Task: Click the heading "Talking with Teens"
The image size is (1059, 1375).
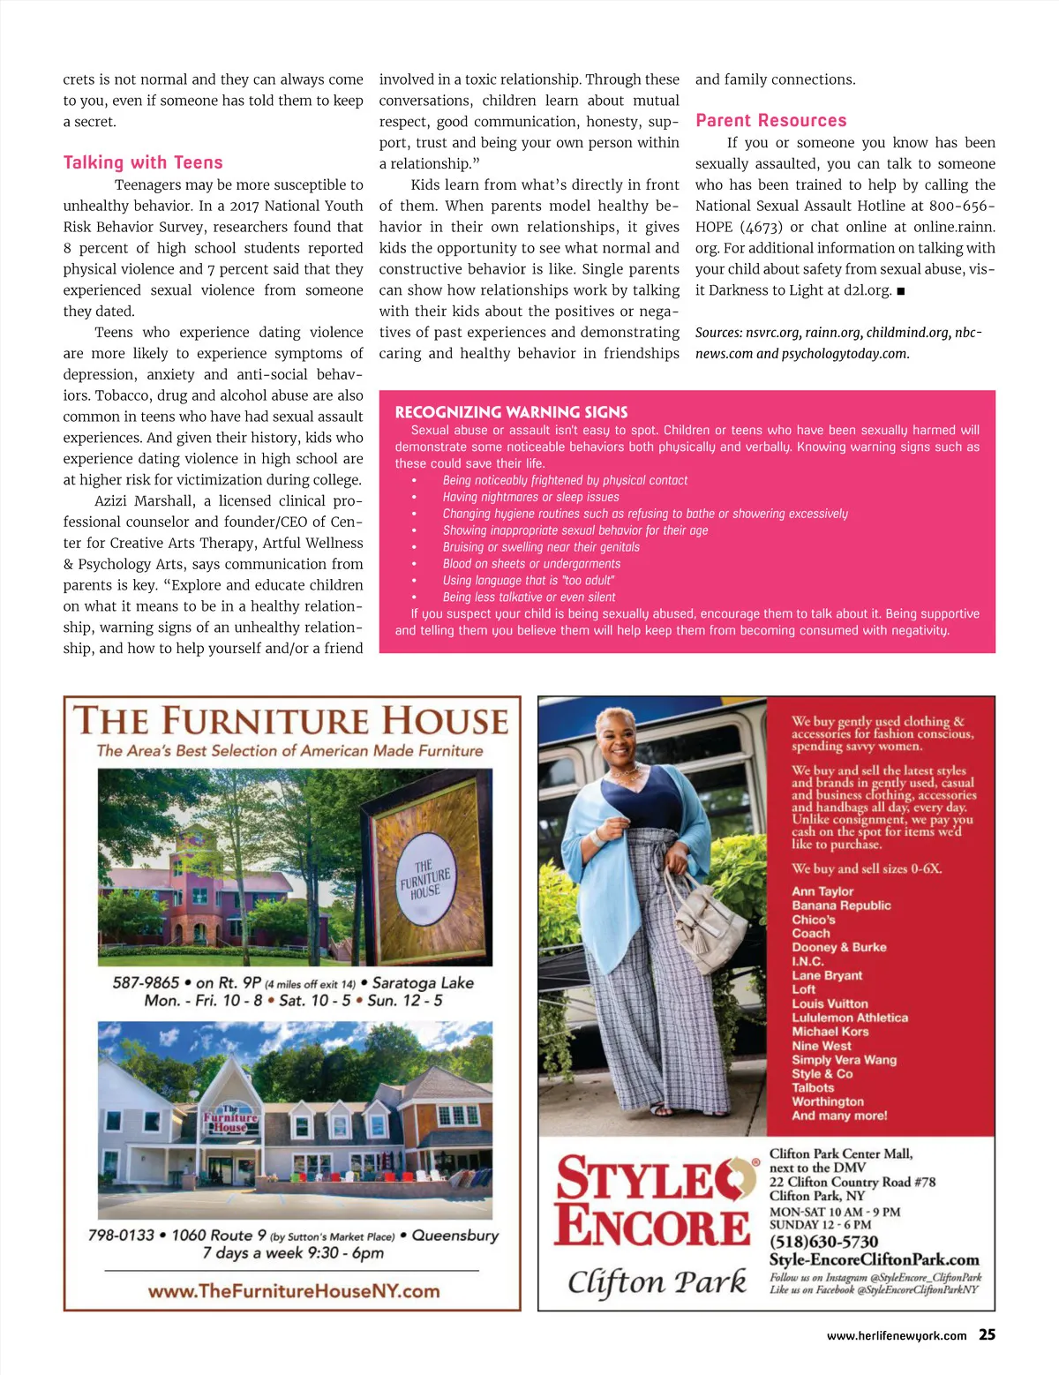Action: point(143,162)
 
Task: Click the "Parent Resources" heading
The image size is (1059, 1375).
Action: point(770,121)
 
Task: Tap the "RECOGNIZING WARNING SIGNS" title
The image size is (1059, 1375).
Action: point(511,412)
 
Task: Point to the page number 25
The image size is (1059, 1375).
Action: point(987,1334)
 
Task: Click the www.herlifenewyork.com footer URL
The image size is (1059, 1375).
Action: point(896,1336)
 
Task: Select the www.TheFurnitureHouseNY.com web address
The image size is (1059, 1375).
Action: point(294,1291)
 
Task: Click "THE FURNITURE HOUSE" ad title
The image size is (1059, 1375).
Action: point(291,721)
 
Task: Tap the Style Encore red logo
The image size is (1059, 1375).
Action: point(653,1201)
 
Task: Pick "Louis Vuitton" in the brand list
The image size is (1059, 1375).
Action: point(830,1003)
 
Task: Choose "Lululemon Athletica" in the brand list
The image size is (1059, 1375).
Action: point(849,1018)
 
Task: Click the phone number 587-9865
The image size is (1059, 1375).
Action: point(146,982)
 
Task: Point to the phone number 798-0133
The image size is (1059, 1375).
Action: point(121,1235)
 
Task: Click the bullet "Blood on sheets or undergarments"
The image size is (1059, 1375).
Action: point(531,564)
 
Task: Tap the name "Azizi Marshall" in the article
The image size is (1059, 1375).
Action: point(145,501)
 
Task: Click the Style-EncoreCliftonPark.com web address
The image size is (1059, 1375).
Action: point(874,1259)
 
